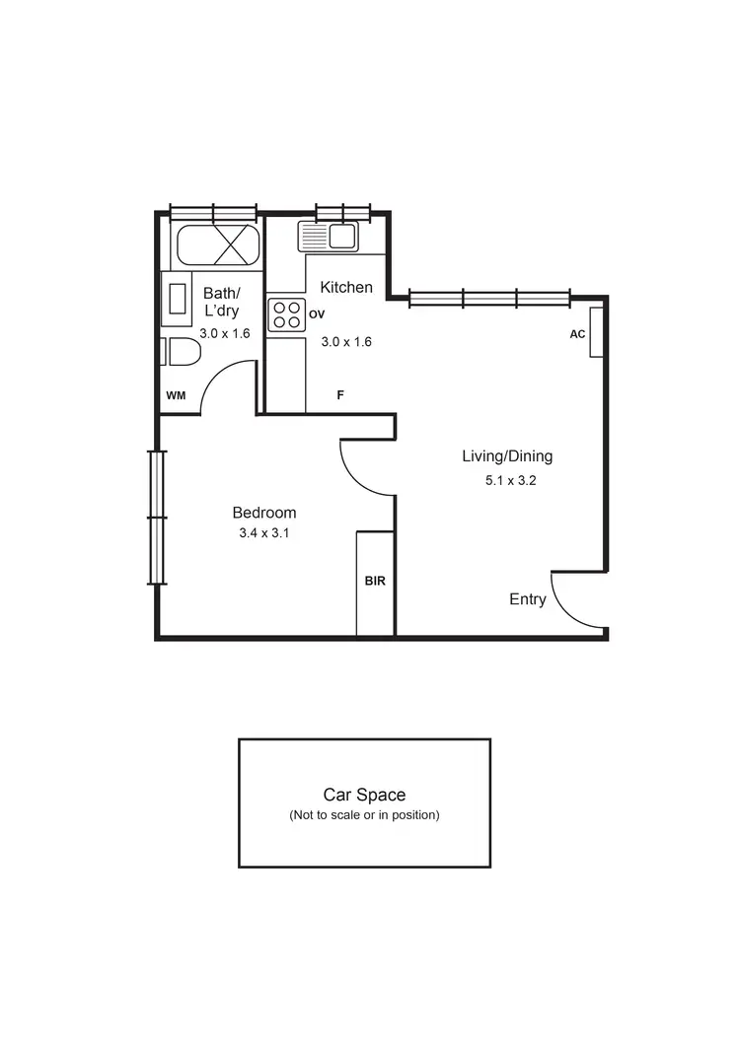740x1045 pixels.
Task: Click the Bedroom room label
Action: (x=263, y=513)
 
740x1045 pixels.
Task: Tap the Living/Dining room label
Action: (x=507, y=456)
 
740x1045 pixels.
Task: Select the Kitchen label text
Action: (x=346, y=288)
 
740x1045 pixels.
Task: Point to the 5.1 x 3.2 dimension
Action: (x=510, y=482)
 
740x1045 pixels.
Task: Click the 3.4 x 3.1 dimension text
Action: (x=263, y=533)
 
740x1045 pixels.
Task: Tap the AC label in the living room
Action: (x=577, y=334)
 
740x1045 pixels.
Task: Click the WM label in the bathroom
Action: (x=176, y=395)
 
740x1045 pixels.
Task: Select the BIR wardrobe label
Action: (x=375, y=582)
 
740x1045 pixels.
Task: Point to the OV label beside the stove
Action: (x=317, y=314)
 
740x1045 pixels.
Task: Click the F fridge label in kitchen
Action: (x=340, y=395)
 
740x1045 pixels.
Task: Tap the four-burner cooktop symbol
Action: (x=286, y=314)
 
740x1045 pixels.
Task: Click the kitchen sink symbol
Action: (x=329, y=237)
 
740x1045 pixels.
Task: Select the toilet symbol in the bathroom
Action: (x=179, y=352)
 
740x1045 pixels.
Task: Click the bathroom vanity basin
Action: (x=178, y=299)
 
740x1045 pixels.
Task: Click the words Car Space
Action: (x=364, y=795)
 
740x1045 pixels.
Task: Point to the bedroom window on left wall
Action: (x=157, y=517)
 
